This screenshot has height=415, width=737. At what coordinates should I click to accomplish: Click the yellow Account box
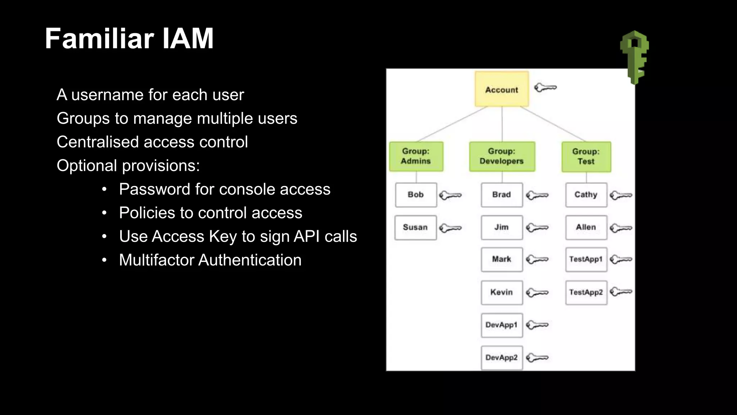point(502,89)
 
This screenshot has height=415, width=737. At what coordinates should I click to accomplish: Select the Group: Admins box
point(416,156)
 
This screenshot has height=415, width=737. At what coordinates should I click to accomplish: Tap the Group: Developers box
point(502,156)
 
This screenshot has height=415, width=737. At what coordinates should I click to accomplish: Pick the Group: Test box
point(586,157)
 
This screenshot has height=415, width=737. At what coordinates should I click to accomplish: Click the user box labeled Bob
point(416,195)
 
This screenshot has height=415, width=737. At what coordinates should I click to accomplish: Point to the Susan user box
point(415,227)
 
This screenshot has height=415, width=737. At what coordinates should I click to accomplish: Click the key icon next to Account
point(545,88)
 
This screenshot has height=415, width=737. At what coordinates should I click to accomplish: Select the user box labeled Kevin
point(502,292)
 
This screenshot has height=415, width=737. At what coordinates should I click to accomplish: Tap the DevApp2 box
point(502,357)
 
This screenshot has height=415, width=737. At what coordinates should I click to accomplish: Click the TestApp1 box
point(586,259)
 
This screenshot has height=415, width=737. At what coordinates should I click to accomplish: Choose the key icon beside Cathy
point(621,195)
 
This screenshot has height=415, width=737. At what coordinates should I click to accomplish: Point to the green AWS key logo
point(634,57)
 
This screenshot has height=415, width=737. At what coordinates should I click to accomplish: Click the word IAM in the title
point(188,39)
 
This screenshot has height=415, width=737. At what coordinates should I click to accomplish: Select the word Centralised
point(98,142)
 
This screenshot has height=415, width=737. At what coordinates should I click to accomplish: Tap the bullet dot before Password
point(104,189)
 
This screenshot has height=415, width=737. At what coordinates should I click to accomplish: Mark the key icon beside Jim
point(537,228)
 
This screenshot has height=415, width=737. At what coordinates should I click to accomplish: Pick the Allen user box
point(586,227)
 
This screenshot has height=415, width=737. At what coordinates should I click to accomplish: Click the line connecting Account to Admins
point(452,124)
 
